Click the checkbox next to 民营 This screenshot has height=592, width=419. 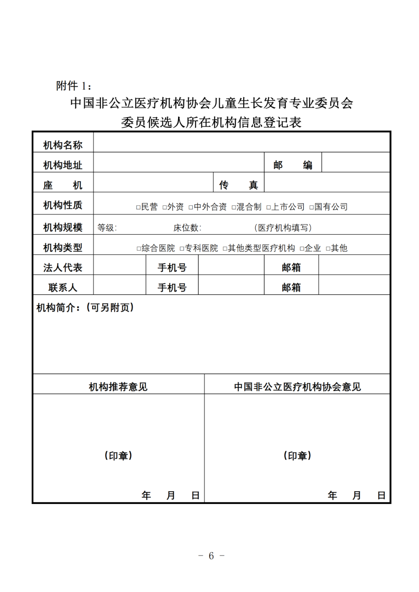pyautogui.click(x=138, y=207)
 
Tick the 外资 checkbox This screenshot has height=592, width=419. pyautogui.click(x=164, y=207)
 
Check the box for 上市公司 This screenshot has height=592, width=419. pyautogui.click(x=268, y=207)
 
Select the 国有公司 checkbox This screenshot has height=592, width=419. pyautogui.click(x=311, y=207)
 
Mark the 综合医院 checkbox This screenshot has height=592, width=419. pyautogui.click(x=139, y=249)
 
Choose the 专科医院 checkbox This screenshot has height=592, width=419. pyautogui.click(x=182, y=249)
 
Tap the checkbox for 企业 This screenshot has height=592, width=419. pyautogui.click(x=302, y=249)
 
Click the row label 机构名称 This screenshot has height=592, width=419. pyautogui.click(x=63, y=145)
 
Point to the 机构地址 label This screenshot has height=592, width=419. pyautogui.click(x=63, y=165)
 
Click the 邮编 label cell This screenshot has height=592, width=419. pyautogui.click(x=293, y=165)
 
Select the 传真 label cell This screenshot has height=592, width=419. pyautogui.click(x=238, y=185)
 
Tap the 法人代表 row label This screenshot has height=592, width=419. pyautogui.click(x=63, y=268)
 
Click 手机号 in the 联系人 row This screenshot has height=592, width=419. pyautogui.click(x=172, y=288)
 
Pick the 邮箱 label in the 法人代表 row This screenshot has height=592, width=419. pyautogui.click(x=291, y=268)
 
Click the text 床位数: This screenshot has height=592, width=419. pyautogui.click(x=187, y=228)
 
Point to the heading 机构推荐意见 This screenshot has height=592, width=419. pyautogui.click(x=118, y=387)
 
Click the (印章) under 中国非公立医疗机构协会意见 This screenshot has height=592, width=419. pyautogui.click(x=297, y=456)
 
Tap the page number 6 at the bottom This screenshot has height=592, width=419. pyautogui.click(x=211, y=556)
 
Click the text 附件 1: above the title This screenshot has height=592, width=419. pyautogui.click(x=74, y=86)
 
